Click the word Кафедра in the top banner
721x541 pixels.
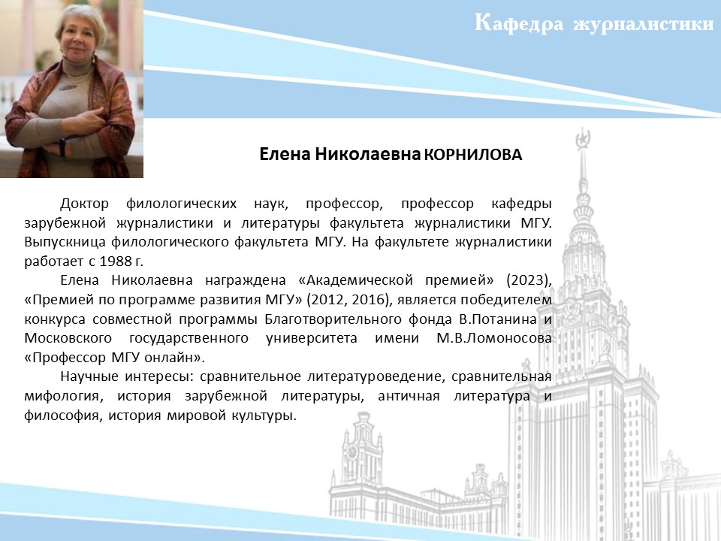point(519,23)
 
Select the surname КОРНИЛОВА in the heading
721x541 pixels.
point(473,155)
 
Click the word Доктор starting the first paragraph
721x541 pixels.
point(84,204)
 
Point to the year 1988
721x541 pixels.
point(114,261)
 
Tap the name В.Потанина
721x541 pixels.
point(498,319)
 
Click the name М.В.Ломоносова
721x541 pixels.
point(494,338)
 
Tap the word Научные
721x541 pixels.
point(89,376)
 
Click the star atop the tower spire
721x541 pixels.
point(583,138)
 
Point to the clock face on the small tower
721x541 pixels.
point(353,452)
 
